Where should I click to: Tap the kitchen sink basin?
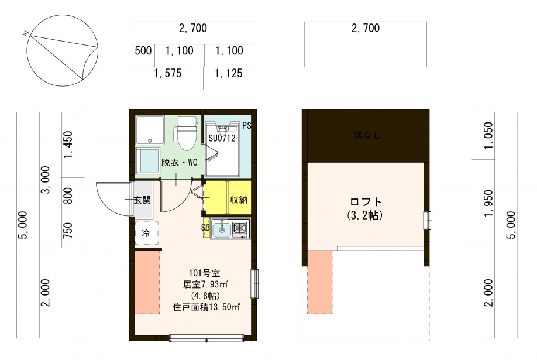[222, 228]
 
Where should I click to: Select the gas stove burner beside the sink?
[240, 228]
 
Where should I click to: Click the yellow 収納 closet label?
[239, 199]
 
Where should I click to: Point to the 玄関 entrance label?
[142, 200]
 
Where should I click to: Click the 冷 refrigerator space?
[146, 233]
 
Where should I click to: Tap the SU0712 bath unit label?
[222, 138]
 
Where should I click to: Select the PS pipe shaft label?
[247, 125]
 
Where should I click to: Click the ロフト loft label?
[366, 201]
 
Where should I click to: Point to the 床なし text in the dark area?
[367, 135]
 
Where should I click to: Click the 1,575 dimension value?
[167, 73]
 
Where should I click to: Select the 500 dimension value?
[143, 50]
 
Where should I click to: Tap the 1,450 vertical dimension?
[68, 145]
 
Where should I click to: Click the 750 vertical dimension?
[68, 231]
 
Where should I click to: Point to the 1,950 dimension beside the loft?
[488, 203]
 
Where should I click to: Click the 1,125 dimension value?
[229, 73]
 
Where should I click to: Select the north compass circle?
[63, 50]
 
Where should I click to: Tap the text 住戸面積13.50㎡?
[206, 307]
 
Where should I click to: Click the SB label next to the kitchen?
[205, 227]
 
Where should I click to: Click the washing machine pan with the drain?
[150, 130]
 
